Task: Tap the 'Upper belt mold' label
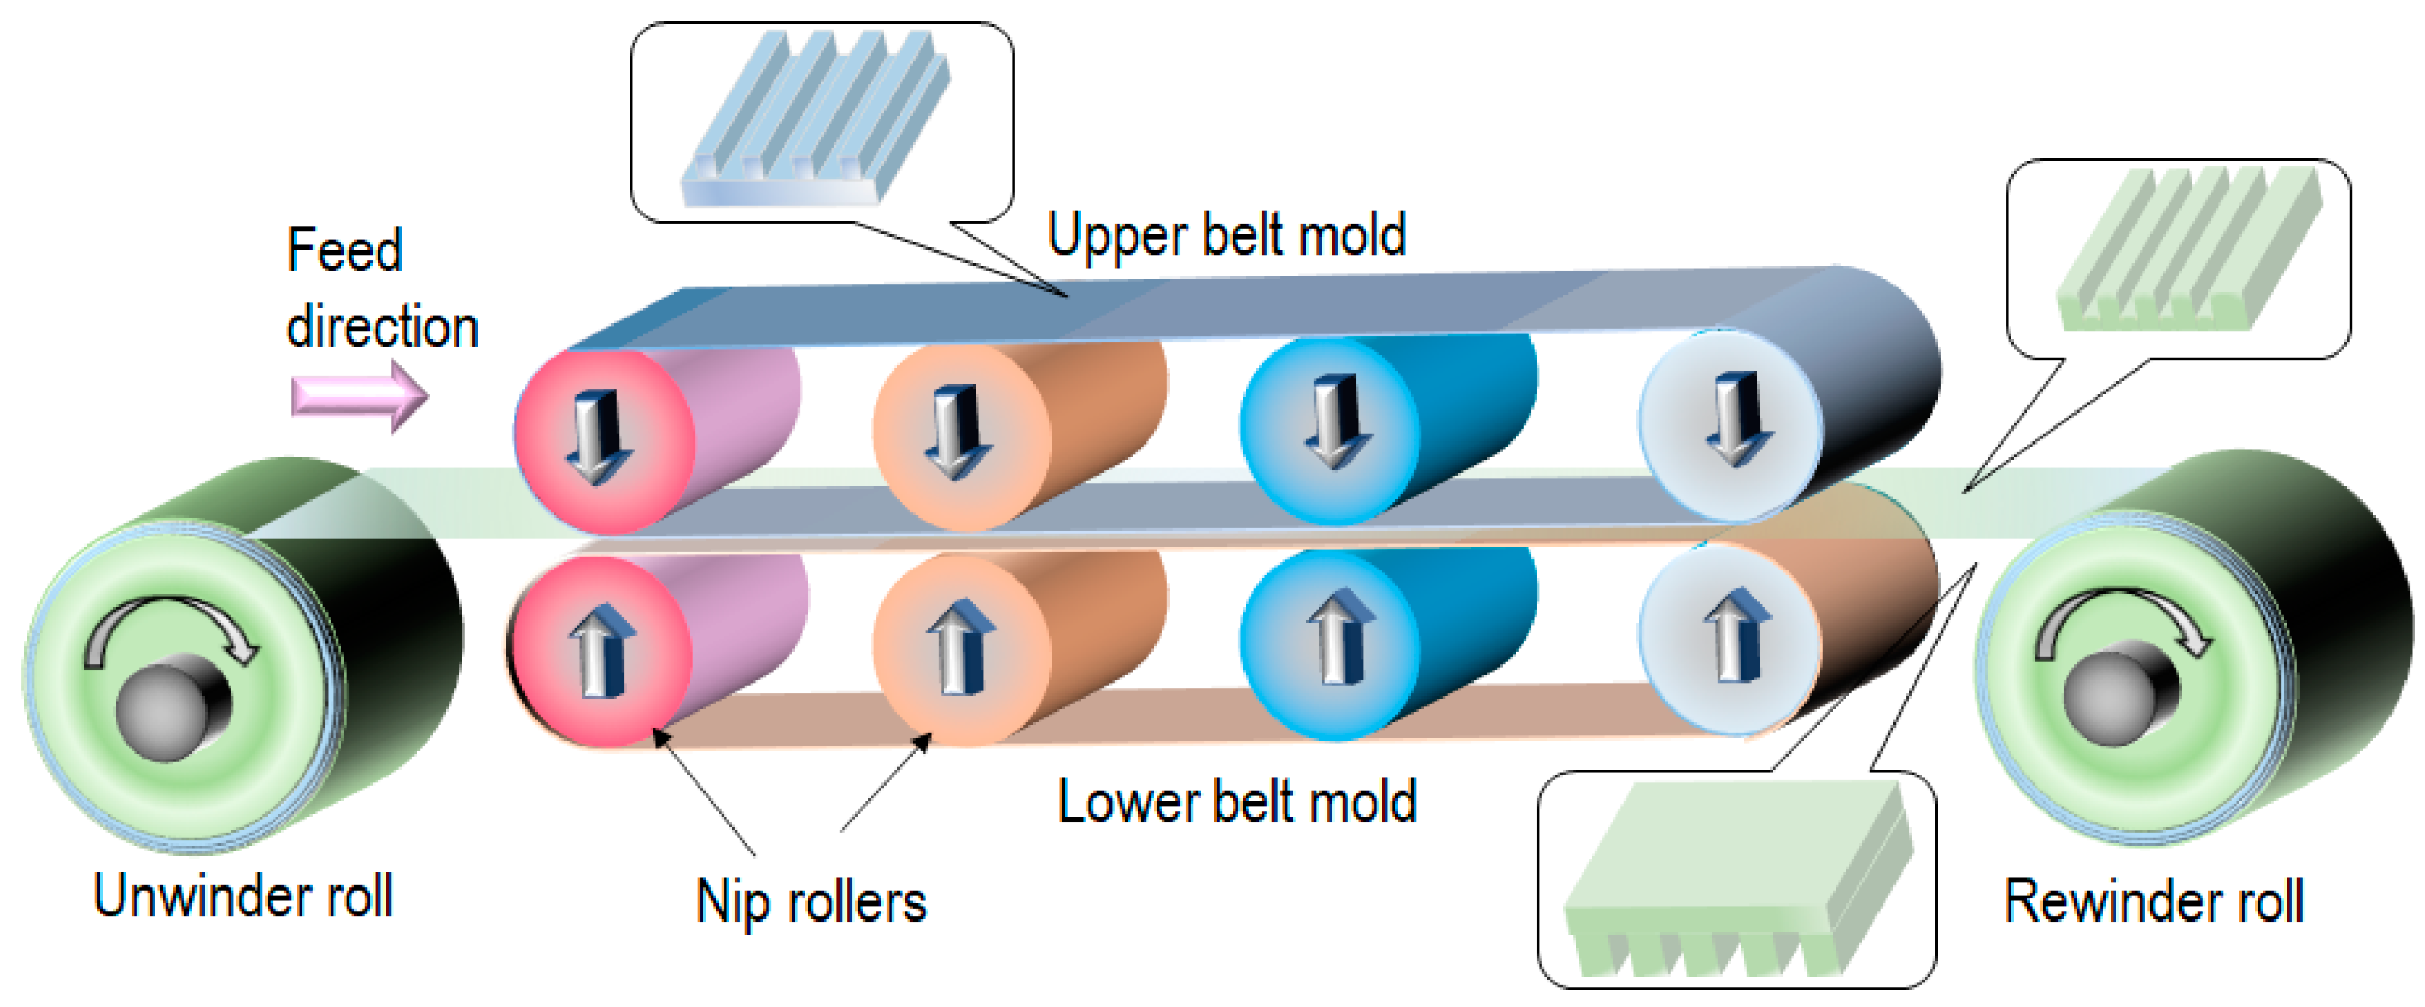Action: [x=1226, y=234]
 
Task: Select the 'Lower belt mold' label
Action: [x=1236, y=802]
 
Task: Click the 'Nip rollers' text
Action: [x=811, y=901]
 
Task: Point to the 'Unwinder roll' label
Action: [x=243, y=896]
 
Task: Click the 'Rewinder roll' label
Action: [x=2153, y=901]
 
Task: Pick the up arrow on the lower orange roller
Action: [x=960, y=646]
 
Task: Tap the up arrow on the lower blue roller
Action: [x=1341, y=635]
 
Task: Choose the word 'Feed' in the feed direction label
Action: [x=344, y=250]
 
